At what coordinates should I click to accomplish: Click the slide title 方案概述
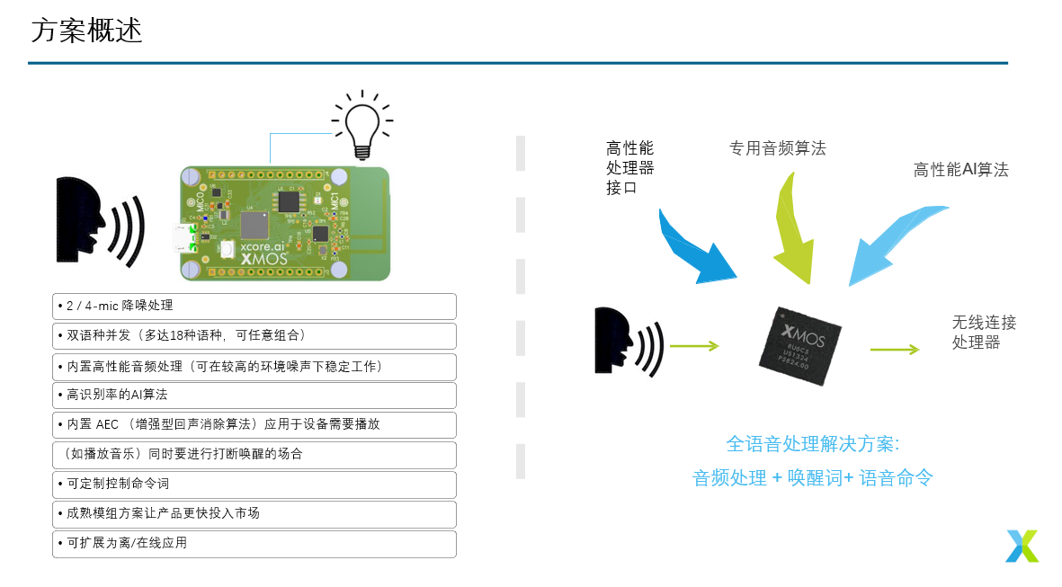pyautogui.click(x=86, y=31)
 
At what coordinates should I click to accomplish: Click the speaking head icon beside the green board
pyautogui.click(x=97, y=221)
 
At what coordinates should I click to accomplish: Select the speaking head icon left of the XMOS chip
pyautogui.click(x=628, y=341)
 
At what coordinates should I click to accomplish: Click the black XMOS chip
pyautogui.click(x=799, y=346)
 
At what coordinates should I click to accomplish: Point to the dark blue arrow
pyautogui.click(x=695, y=247)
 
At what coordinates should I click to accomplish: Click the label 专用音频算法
pyautogui.click(x=777, y=148)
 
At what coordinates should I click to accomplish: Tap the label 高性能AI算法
pyautogui.click(x=960, y=169)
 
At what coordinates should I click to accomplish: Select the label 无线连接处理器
pyautogui.click(x=984, y=332)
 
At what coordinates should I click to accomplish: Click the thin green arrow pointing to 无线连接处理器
pyautogui.click(x=894, y=350)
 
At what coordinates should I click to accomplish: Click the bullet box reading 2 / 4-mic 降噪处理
pyautogui.click(x=254, y=307)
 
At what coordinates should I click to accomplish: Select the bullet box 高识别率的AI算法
pyautogui.click(x=254, y=395)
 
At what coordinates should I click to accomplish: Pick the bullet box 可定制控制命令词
pyautogui.click(x=254, y=484)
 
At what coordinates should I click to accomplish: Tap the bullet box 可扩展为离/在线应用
pyautogui.click(x=254, y=543)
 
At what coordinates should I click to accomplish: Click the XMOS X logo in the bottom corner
pyautogui.click(x=1022, y=546)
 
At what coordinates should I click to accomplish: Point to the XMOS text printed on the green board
pyautogui.click(x=264, y=258)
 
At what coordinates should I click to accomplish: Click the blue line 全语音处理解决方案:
pyautogui.click(x=812, y=444)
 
